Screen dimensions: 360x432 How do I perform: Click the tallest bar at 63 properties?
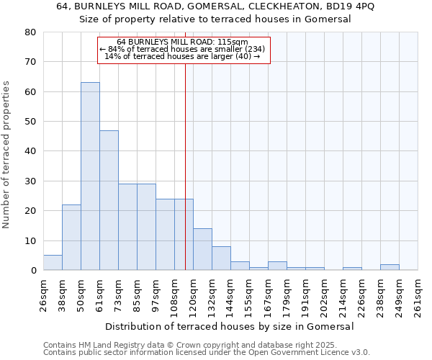coord(90,176)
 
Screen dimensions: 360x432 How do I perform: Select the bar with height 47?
coord(109,200)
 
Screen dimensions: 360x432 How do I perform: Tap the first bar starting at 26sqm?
coord(53,263)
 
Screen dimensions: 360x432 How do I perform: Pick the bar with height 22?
coord(71,238)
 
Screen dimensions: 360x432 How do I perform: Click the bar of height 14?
coord(202,249)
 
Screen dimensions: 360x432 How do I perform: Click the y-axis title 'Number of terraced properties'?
coord(7,155)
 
